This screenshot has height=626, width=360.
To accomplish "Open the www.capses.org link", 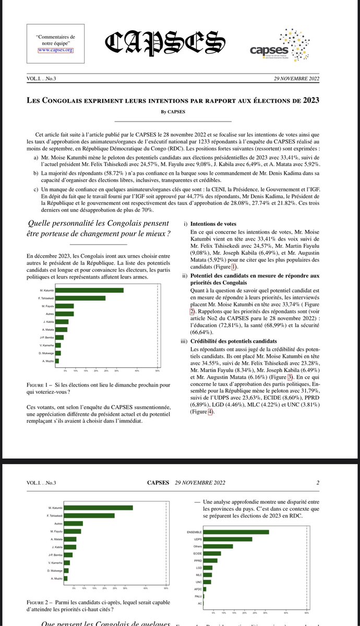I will point(55,51).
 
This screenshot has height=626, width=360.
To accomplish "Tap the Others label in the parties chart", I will point(197,546).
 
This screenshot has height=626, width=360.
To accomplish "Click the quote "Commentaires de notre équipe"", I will point(55,40).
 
